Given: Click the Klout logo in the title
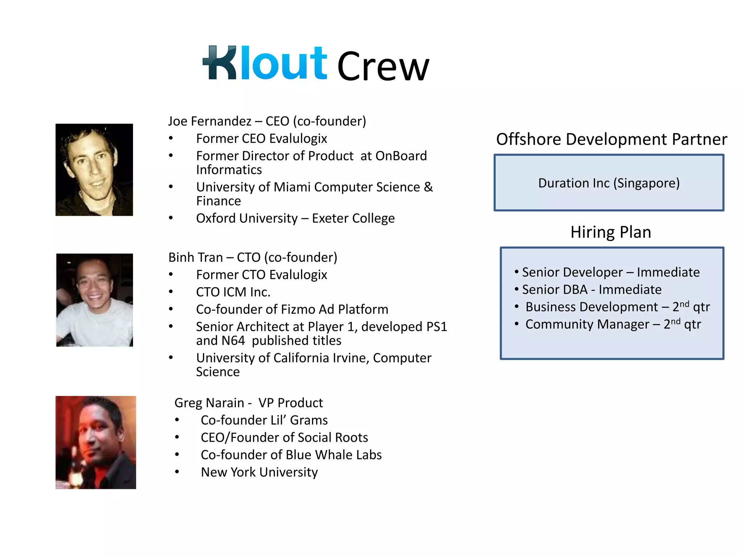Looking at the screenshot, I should tap(265, 63).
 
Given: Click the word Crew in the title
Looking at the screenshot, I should tap(383, 67).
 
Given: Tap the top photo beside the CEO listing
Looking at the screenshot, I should tap(94, 170).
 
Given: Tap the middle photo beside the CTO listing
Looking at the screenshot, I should tap(95, 300).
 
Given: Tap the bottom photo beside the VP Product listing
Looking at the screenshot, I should tap(96, 442).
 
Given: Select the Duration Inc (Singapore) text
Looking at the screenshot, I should tap(609, 183).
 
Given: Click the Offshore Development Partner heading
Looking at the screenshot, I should tap(611, 139).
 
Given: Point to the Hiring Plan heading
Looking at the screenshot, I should tap(611, 232).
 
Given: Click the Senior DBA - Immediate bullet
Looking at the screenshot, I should tap(591, 290).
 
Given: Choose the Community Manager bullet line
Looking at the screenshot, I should tap(613, 324).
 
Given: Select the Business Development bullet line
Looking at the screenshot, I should tap(617, 307).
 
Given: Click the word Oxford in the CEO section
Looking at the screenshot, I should tap(216, 218).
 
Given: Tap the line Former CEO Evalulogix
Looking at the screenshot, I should tap(261, 139).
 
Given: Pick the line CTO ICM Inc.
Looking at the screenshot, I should tap(233, 292).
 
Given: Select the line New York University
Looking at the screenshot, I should tap(259, 472).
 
